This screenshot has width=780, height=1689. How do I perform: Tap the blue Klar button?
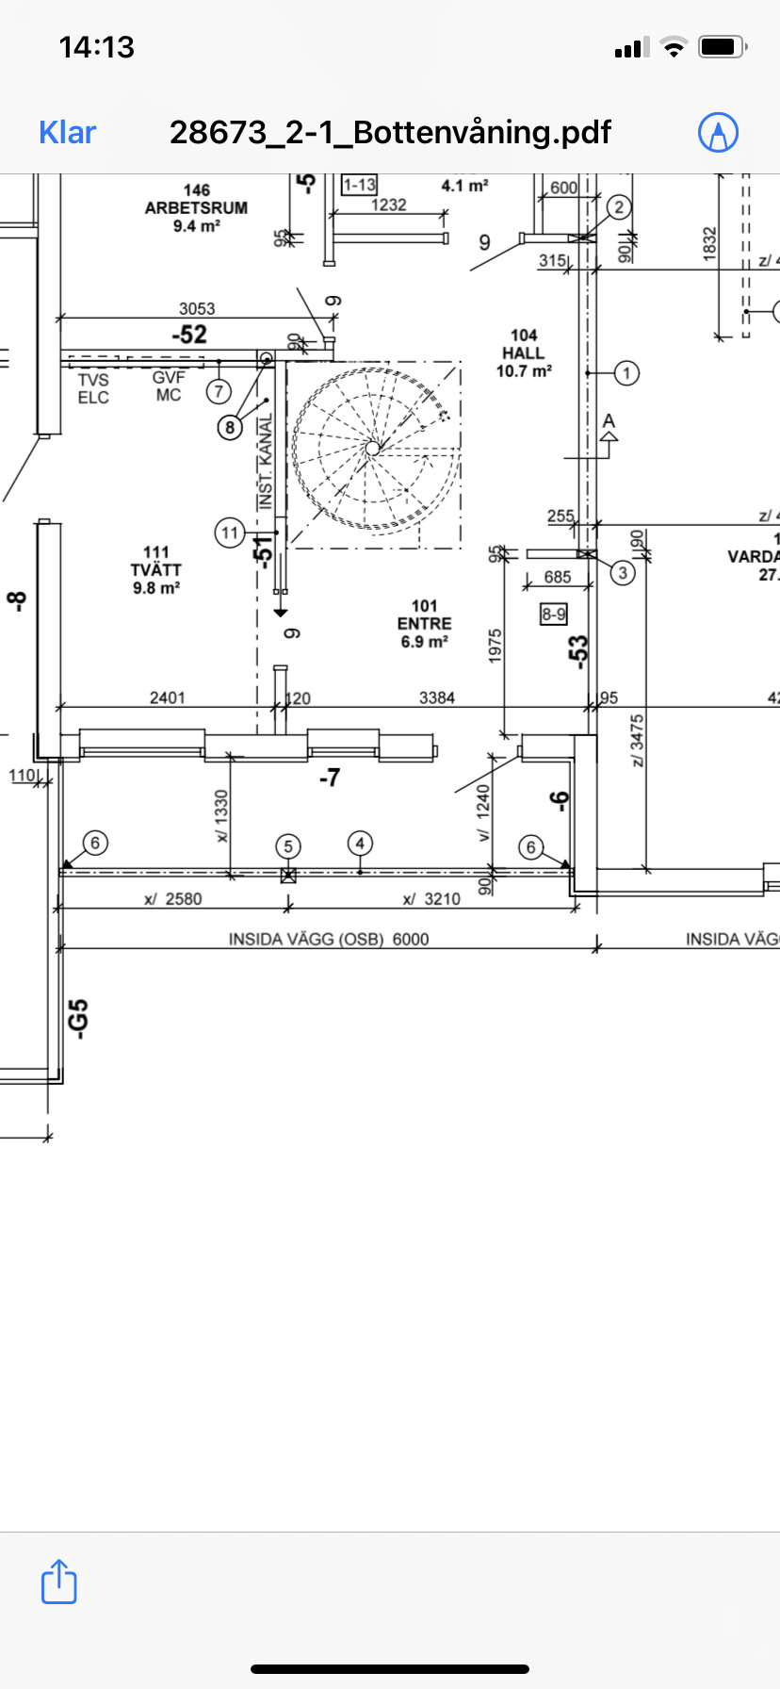67,132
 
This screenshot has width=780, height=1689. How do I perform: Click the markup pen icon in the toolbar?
718,133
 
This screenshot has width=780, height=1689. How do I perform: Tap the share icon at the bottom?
58,1582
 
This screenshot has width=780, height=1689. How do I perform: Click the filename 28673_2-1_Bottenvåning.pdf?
390,132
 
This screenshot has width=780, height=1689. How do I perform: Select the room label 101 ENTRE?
425,624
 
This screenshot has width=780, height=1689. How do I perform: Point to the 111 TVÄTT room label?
156,570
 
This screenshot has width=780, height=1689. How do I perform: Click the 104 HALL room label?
524,353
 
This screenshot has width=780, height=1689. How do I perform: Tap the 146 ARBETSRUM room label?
196,208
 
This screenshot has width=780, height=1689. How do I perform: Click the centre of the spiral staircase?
373,448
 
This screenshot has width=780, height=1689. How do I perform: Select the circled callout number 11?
230,533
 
